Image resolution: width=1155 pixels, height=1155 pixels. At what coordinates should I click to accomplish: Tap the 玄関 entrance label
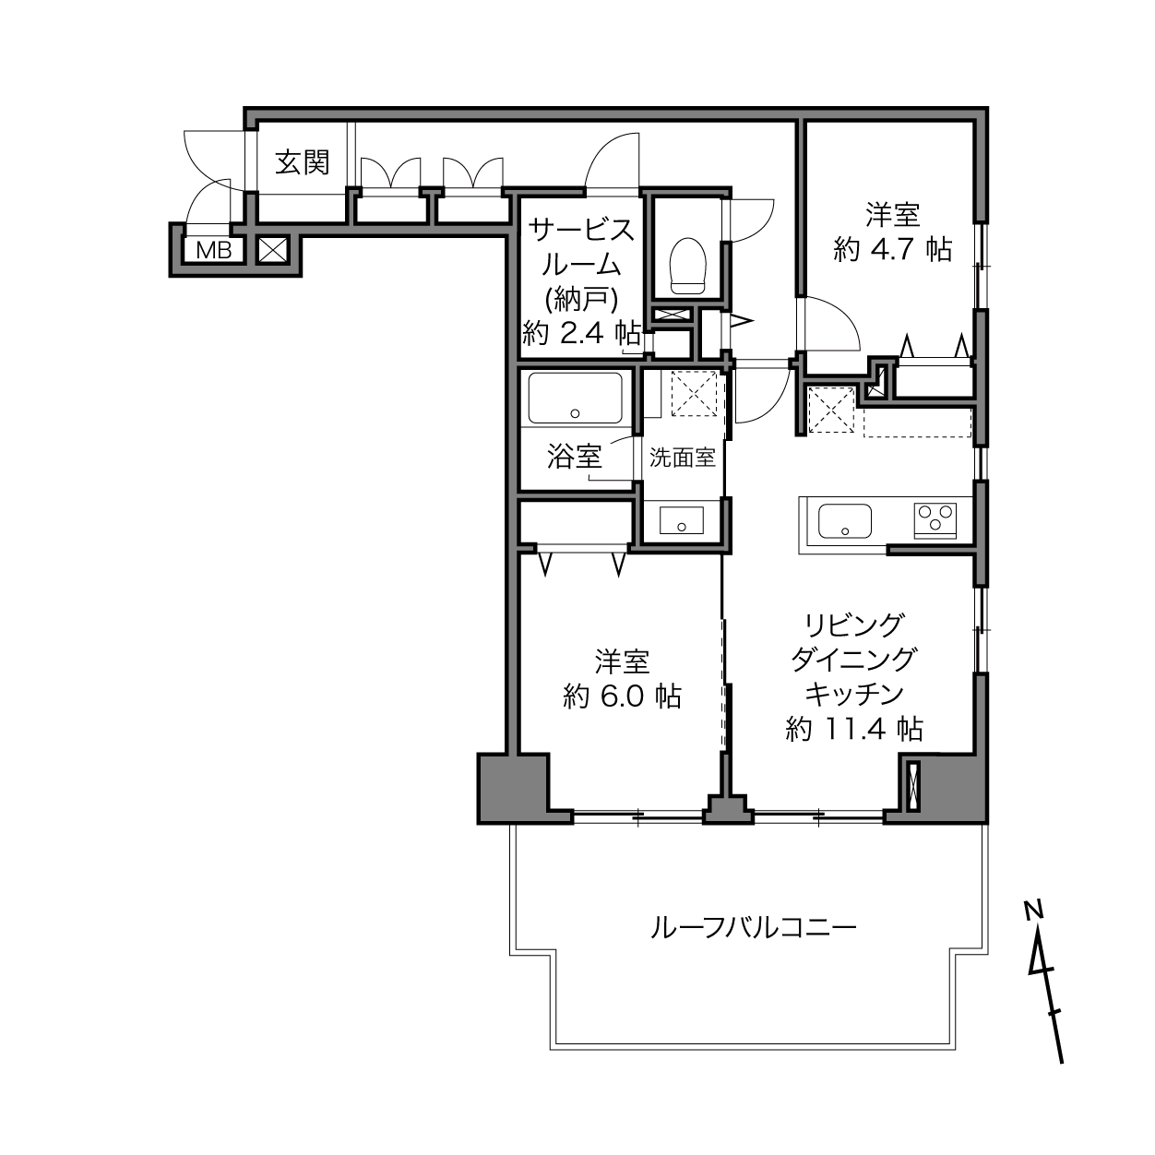[303, 163]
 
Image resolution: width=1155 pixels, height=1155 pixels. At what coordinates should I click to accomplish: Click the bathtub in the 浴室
[575, 398]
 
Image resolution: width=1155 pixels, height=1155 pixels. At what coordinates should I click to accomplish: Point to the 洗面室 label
[683, 458]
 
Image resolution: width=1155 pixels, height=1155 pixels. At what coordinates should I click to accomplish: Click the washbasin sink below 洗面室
[682, 522]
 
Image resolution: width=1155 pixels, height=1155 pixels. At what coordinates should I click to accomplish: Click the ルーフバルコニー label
[754, 926]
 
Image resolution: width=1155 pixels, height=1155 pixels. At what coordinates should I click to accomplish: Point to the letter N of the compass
[1033, 910]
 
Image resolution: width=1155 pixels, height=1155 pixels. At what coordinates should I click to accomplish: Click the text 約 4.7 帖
[892, 249]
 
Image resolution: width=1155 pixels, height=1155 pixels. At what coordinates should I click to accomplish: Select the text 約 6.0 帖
[622, 696]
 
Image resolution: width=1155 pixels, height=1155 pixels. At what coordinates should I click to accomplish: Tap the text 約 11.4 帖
[854, 729]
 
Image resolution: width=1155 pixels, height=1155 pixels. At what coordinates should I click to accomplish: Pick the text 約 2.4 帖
[580, 332]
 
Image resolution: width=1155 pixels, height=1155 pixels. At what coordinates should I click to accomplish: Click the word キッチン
[853, 694]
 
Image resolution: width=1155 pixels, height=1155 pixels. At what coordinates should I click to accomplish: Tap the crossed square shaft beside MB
[273, 249]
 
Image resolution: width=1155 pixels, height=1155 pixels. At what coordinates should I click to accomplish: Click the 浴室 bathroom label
[574, 456]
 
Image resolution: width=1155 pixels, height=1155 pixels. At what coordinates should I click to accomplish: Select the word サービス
[580, 230]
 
